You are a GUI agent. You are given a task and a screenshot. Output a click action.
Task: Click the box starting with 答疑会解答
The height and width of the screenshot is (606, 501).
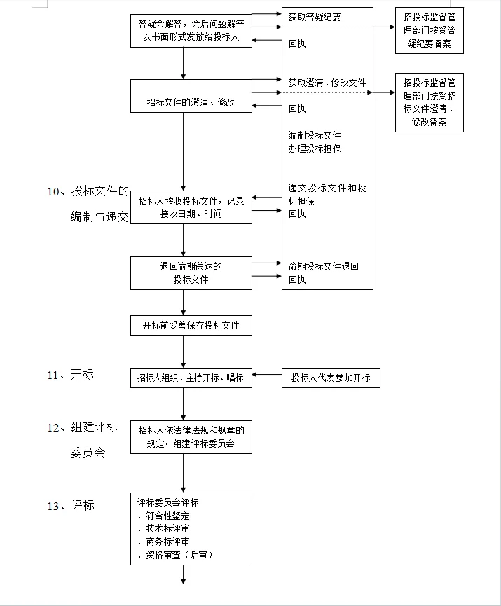(191, 31)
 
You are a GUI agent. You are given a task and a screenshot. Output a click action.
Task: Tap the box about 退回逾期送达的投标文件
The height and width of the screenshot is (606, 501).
(191, 273)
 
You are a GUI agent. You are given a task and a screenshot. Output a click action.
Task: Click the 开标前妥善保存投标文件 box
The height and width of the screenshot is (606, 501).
(191, 325)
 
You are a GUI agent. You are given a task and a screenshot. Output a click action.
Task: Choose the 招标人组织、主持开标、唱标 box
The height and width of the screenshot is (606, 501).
(191, 378)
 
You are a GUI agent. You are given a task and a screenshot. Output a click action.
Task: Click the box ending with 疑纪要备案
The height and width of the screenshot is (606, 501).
(428, 31)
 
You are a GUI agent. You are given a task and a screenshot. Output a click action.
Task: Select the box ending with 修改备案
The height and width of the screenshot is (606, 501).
(428, 102)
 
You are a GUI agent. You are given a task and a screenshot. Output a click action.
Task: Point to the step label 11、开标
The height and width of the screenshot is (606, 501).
(70, 375)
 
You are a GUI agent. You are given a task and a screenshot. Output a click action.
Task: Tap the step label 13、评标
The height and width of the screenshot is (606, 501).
(70, 505)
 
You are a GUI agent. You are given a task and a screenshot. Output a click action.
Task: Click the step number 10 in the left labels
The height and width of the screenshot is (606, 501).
(55, 191)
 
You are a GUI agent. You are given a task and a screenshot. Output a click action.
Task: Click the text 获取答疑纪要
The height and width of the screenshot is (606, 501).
(315, 17)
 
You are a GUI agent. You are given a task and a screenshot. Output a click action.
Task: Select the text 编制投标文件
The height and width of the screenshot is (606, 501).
(315, 135)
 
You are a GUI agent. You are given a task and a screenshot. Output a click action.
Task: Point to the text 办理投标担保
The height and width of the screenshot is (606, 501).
(315, 149)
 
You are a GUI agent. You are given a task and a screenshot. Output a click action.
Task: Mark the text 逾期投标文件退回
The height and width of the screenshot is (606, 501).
(324, 266)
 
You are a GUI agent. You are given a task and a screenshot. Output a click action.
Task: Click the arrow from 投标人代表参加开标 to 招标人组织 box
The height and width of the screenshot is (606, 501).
(267, 376)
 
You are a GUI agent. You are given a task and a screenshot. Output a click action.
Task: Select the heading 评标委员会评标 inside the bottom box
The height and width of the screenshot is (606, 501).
(168, 502)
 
